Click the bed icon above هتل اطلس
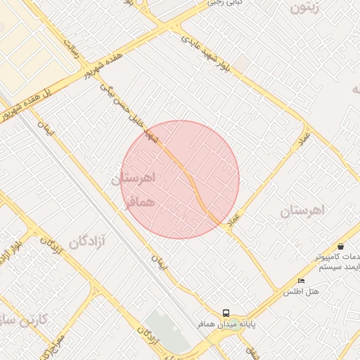(x=302, y=281)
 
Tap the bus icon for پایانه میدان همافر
(x=226, y=313)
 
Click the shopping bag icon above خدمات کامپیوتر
(x=341, y=247)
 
